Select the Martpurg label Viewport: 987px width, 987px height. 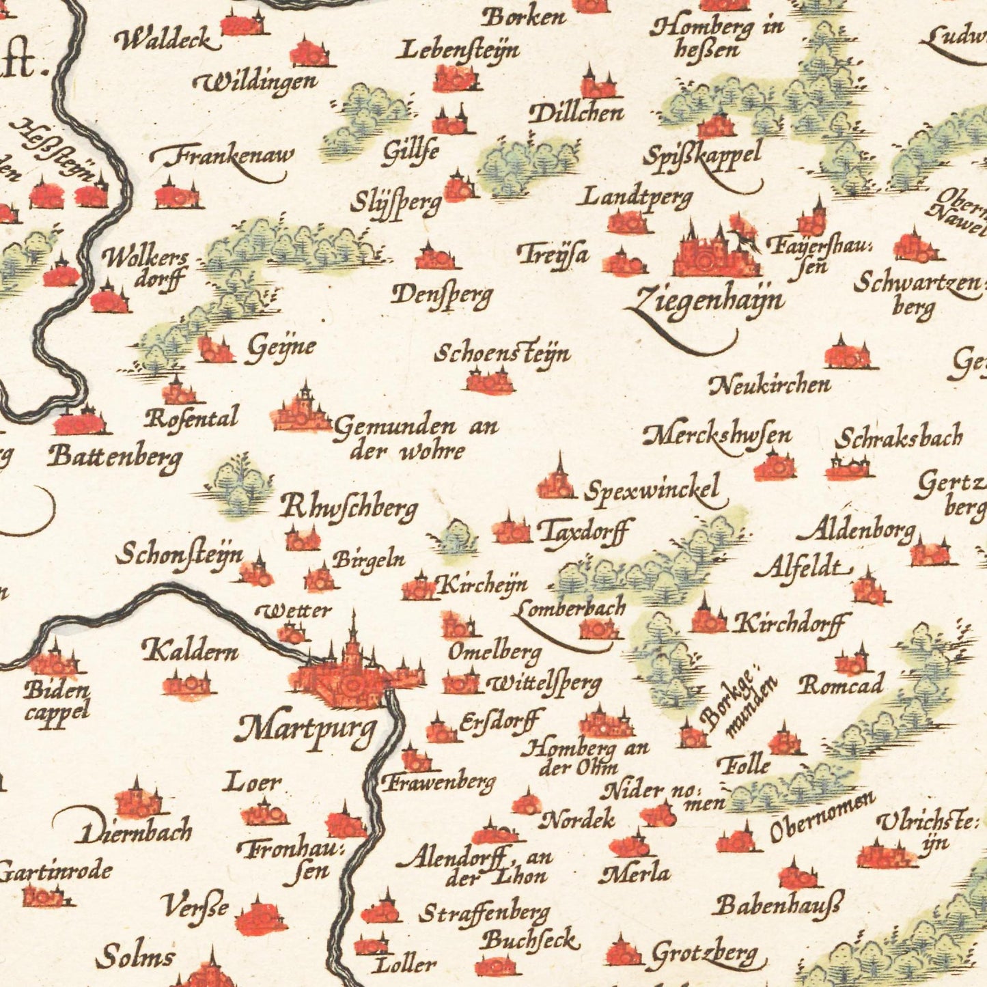[x=306, y=729]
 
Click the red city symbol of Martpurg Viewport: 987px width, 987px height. [x=348, y=676]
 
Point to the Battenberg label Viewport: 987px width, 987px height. [x=115, y=456]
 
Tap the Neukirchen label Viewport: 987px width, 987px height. [x=770, y=386]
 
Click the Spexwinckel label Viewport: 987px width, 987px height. [x=652, y=489]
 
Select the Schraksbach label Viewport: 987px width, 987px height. [x=898, y=438]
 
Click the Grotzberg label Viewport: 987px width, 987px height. [x=704, y=953]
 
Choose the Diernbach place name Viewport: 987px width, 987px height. [x=137, y=831]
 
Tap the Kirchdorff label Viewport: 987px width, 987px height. [x=790, y=622]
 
